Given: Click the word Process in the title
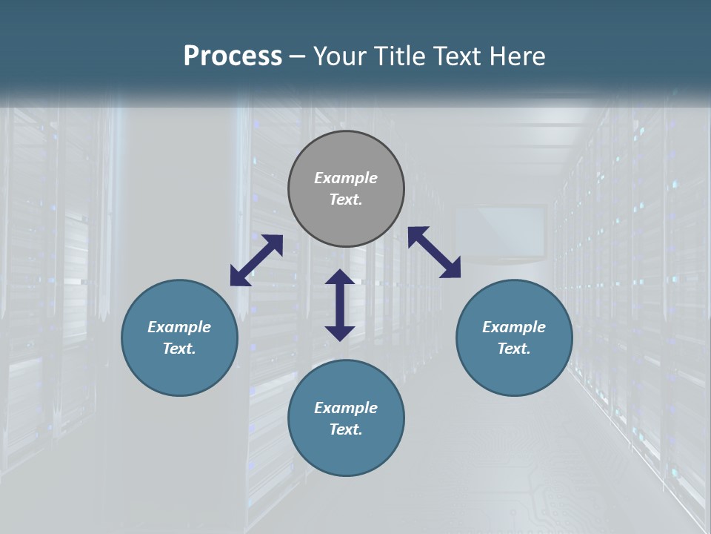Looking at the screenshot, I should tap(233, 56).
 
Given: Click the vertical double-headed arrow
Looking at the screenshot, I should tap(340, 305).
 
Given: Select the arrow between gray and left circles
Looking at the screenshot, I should tap(256, 260).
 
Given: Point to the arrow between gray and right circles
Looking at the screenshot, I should tap(435, 252).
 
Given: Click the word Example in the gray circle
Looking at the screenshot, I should tap(346, 178).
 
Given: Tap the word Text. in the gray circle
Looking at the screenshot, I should tap(346, 200).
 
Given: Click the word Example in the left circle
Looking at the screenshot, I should tap(179, 327).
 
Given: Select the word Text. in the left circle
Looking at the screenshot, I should tap(179, 349).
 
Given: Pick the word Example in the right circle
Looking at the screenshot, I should tap(514, 327).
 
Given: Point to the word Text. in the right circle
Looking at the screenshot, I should tap(514, 349).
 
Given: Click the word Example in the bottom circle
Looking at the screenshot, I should tap(346, 408).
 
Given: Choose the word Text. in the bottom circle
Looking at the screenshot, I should tap(346, 429).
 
